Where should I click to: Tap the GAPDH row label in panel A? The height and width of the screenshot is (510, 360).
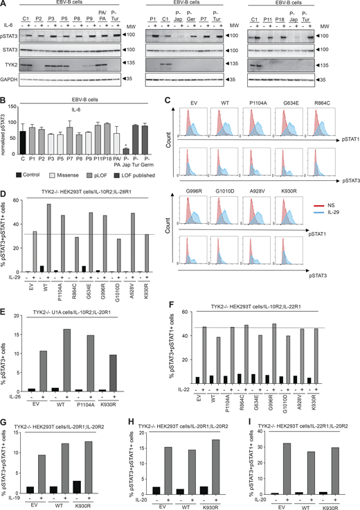coord(11,80)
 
